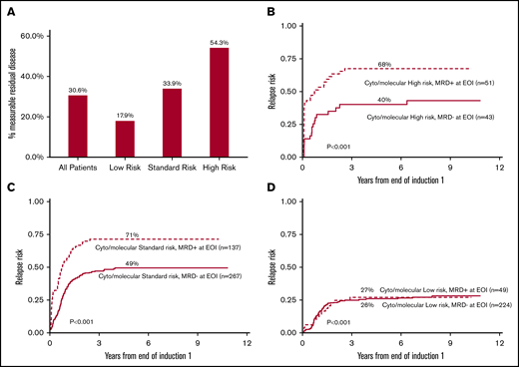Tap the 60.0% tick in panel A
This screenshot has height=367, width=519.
[x=27, y=36]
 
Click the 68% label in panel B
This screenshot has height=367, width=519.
[x=374, y=62]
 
